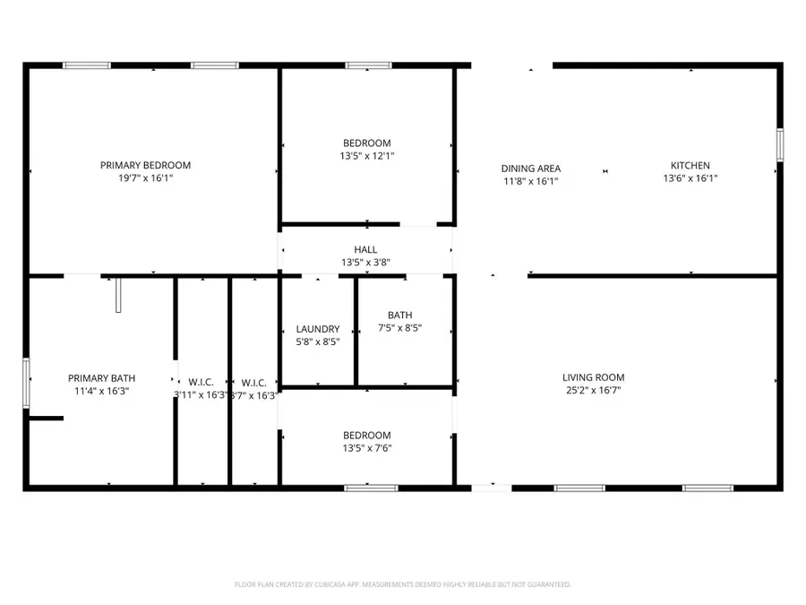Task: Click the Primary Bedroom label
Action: click(x=145, y=165)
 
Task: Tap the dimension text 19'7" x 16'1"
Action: click(x=145, y=178)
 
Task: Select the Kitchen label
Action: click(x=690, y=165)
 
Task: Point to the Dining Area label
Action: click(x=530, y=168)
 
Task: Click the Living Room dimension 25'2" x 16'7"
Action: click(x=593, y=390)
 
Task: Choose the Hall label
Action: click(x=365, y=249)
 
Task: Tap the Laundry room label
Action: click(x=318, y=329)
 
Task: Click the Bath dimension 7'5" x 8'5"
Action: click(x=399, y=328)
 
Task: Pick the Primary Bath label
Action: click(x=100, y=378)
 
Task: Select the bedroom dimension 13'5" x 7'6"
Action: click(x=366, y=448)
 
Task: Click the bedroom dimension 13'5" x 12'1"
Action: click(x=366, y=155)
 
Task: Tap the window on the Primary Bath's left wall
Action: click(x=27, y=383)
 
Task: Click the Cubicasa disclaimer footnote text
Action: click(x=403, y=584)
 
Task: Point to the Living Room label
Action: click(x=593, y=377)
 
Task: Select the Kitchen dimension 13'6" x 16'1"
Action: click(x=690, y=178)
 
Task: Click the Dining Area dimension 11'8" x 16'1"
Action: click(x=530, y=181)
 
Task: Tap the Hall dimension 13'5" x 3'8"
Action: click(x=365, y=263)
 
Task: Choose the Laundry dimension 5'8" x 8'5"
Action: click(x=318, y=341)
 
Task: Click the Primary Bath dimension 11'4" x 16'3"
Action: click(x=100, y=391)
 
